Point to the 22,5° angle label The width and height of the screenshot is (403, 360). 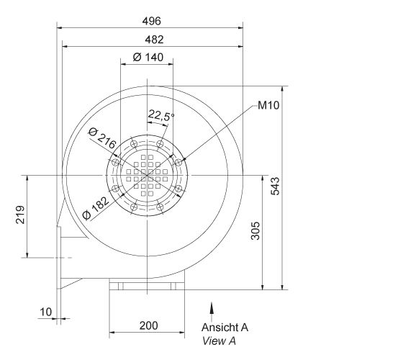[161, 114]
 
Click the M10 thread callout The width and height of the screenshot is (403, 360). [268, 107]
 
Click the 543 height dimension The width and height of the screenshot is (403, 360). [276, 186]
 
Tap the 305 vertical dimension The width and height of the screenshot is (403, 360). [257, 230]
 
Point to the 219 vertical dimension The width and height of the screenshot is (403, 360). [21, 215]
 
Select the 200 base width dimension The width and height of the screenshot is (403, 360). [148, 325]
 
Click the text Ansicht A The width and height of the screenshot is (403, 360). [225, 327]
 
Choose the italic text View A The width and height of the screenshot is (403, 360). [219, 341]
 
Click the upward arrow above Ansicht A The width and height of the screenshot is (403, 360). [212, 309]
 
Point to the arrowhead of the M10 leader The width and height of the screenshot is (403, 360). [184, 161]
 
